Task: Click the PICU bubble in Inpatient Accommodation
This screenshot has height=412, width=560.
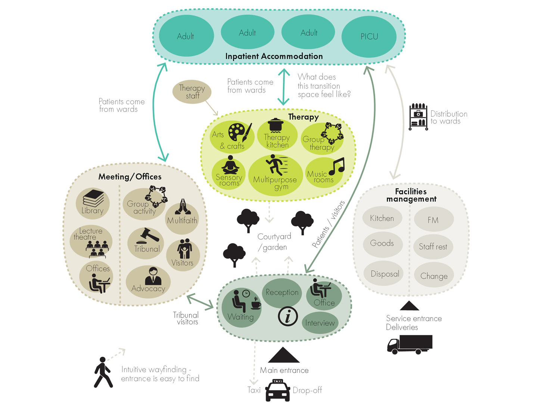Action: point(369,37)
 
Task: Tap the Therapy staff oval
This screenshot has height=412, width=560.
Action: point(192,92)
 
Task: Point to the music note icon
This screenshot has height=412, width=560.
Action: point(337,166)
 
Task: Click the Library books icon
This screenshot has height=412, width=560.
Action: point(93,198)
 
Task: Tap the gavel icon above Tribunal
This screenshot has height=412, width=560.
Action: point(150,236)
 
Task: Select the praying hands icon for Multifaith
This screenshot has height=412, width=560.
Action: point(183,207)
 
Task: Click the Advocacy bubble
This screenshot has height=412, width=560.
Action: point(148,282)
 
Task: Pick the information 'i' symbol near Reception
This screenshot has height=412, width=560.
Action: point(288,316)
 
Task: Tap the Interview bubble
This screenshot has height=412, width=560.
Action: point(320,323)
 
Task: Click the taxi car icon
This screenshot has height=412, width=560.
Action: point(277,390)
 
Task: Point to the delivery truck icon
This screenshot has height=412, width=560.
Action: point(410,344)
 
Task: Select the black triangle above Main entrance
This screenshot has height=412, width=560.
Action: point(283,355)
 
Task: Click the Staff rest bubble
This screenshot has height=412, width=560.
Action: point(433,246)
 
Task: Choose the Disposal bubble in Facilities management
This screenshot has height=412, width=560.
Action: point(385,274)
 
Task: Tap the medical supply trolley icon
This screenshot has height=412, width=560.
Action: point(418,117)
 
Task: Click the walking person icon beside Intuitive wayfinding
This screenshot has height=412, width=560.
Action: point(103,372)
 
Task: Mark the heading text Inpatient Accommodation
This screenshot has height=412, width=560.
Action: point(274,56)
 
